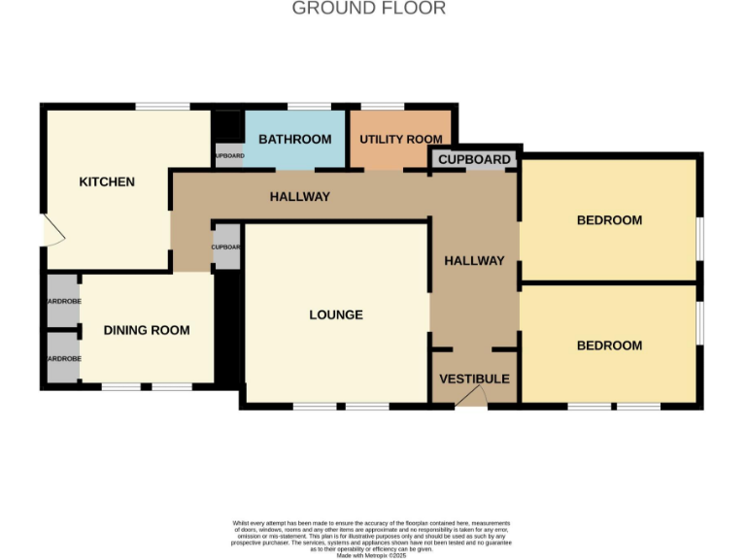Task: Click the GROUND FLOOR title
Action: [x=369, y=9]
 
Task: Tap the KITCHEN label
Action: [x=107, y=182]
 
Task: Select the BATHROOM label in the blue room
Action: [x=294, y=140]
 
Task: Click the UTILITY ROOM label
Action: [x=401, y=140]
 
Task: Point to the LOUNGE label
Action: [x=336, y=315]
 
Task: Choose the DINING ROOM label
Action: [x=147, y=331]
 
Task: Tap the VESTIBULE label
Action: [x=474, y=378]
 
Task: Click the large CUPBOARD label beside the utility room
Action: [x=475, y=160]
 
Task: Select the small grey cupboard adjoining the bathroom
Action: [x=228, y=156]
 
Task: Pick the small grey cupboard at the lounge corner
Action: [x=225, y=247]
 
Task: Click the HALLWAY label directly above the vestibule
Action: [x=474, y=261]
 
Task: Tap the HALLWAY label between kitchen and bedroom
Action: [x=299, y=197]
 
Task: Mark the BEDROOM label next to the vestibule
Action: [x=609, y=346]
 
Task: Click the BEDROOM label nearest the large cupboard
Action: [x=609, y=220]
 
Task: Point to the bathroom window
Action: [x=309, y=107]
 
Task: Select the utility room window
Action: [x=383, y=107]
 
